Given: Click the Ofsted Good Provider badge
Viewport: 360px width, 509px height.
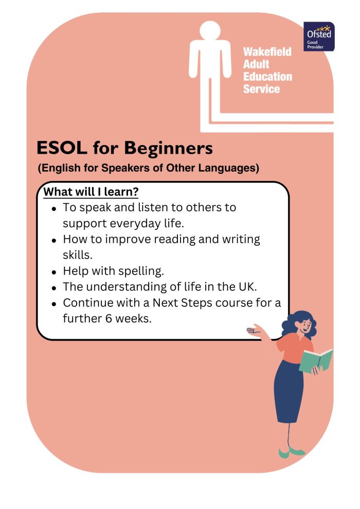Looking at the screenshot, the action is [319, 37].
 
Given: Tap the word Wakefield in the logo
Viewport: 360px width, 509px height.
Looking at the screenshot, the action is [267, 51].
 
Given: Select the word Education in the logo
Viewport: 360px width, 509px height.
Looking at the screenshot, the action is [268, 76].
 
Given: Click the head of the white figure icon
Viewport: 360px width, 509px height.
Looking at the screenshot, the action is [210, 31].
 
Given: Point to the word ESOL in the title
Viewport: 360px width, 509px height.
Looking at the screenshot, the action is [62, 148].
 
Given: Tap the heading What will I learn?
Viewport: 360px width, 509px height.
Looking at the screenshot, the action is [91, 192].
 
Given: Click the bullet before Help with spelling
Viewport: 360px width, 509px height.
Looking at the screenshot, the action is [54, 271].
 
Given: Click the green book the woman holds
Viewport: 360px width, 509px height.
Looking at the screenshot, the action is [316, 360].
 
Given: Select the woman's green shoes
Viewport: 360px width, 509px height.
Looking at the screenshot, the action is [291, 452].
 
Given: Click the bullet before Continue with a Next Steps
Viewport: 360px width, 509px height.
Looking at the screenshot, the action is [54, 304].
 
